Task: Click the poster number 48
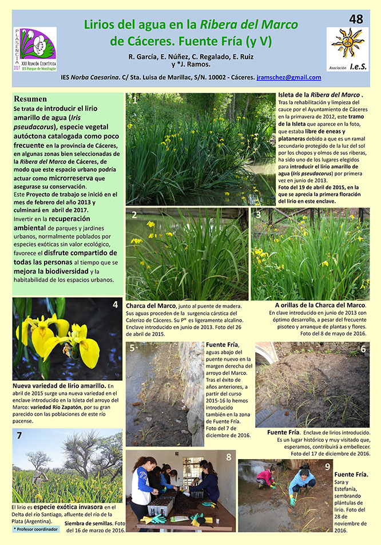(355, 19)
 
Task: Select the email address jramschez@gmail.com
(289, 77)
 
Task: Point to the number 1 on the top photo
(134, 101)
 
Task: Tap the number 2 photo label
(134, 215)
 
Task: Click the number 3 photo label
(258, 215)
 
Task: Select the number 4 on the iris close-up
(116, 305)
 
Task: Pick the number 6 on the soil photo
(363, 349)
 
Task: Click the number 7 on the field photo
(19, 436)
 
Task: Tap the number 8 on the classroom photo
(229, 457)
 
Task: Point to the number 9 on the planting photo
(327, 467)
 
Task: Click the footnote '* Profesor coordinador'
(35, 529)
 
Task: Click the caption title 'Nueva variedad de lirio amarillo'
(58, 386)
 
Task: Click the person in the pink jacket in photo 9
(265, 477)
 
